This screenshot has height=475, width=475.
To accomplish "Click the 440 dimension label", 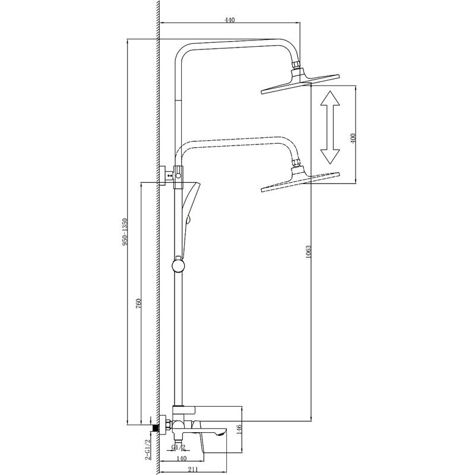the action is (x=230, y=20).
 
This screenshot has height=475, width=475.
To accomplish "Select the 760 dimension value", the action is (x=139, y=303).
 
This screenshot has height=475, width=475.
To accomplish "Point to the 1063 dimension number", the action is (x=308, y=252).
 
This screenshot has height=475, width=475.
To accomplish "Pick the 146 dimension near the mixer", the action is (x=239, y=429).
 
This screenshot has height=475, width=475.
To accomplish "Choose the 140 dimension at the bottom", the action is (x=182, y=458).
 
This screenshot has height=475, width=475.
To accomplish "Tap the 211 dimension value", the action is (x=192, y=470).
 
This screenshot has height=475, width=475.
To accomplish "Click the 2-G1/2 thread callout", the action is (x=147, y=449).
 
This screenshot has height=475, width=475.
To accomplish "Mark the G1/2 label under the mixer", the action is (x=179, y=447).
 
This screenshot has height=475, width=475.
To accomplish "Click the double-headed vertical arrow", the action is (x=330, y=127).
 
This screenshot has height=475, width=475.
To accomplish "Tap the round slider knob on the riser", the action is (x=178, y=265).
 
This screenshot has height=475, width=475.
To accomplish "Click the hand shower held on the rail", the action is (x=189, y=218).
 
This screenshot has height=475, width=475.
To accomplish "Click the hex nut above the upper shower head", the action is (x=296, y=65).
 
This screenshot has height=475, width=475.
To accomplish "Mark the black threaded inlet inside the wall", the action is (x=156, y=427).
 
